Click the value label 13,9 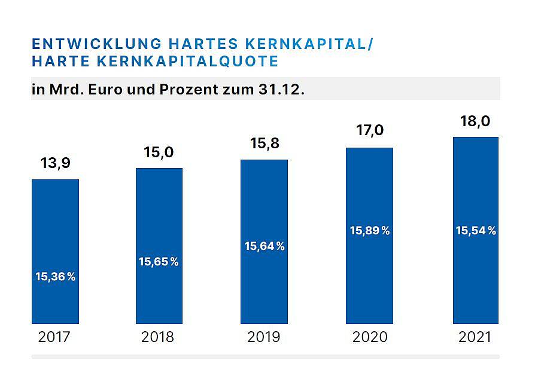click(56, 163)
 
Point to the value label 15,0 click(159, 152)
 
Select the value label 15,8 click(264, 143)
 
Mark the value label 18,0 click(476, 121)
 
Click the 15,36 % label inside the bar click(56, 277)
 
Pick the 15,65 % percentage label click(159, 261)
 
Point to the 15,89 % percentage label click(370, 231)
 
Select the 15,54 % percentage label click(476, 231)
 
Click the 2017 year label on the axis click(54, 337)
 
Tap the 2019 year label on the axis click(264, 337)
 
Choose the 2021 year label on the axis click(475, 337)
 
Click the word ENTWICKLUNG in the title click(96, 44)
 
